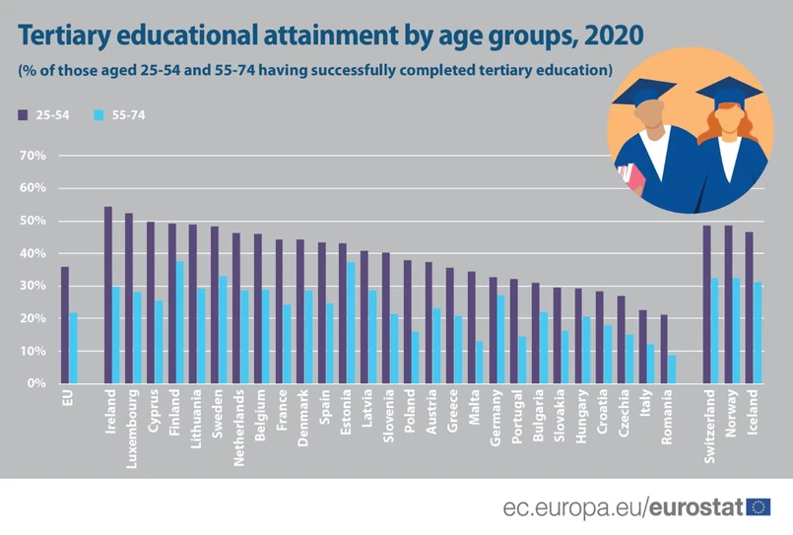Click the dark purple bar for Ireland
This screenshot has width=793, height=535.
tap(108, 295)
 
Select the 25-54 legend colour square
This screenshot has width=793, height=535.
tap(24, 115)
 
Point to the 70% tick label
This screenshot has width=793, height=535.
tap(33, 156)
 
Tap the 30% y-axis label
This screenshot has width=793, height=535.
tap(33, 286)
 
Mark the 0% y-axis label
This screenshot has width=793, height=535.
tap(37, 383)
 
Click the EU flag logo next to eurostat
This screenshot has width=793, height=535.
tap(759, 507)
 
